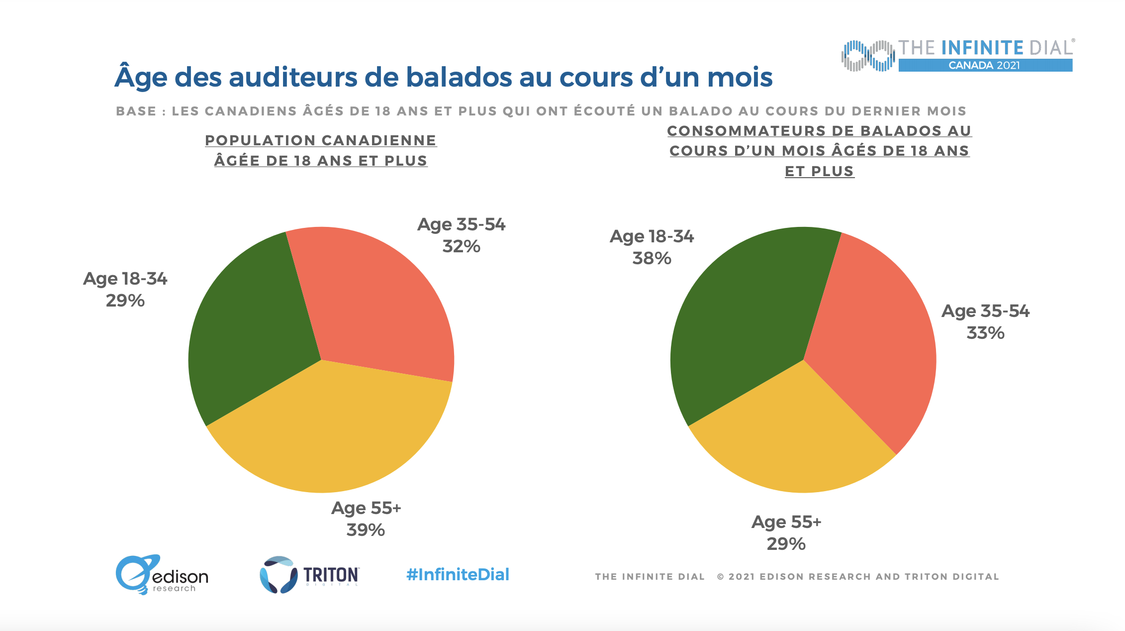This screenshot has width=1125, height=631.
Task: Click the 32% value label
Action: tap(461, 246)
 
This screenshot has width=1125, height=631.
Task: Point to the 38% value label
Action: tap(652, 258)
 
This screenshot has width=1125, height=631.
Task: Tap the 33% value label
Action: tap(985, 333)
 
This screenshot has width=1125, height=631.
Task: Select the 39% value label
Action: tap(366, 530)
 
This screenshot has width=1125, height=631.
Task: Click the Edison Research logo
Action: tap(162, 575)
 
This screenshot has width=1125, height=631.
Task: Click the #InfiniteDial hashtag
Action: tap(458, 575)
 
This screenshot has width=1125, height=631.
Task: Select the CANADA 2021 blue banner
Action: tap(985, 65)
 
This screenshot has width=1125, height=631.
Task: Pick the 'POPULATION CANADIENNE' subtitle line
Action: tap(321, 140)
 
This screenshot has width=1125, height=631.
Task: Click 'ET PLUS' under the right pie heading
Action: tap(819, 171)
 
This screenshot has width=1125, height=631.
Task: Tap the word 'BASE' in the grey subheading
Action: tap(136, 111)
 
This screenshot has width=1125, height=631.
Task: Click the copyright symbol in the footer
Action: tap(721, 577)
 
